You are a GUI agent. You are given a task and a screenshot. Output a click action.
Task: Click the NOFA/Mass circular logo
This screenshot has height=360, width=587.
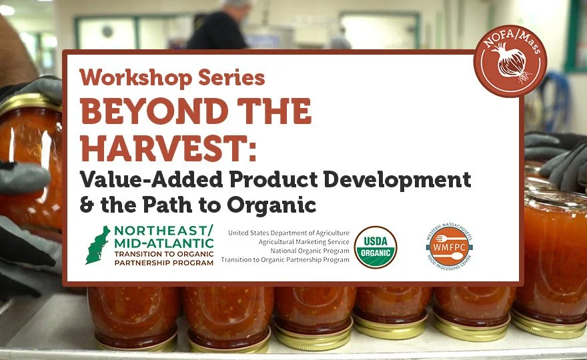tap(510, 61)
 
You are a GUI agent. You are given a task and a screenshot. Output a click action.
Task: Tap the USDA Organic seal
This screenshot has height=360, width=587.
tap(376, 247)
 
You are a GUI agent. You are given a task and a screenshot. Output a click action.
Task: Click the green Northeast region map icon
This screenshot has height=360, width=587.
tap(97, 245)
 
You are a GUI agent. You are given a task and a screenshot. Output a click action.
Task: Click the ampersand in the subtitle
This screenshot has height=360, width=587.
tap(87, 205)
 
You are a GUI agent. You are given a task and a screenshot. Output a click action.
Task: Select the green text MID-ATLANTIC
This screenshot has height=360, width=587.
tap(163, 243)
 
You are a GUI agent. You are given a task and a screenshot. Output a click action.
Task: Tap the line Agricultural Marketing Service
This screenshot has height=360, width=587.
tap(304, 242)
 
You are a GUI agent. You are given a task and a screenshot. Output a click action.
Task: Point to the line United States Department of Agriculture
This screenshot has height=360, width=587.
tap(288, 233)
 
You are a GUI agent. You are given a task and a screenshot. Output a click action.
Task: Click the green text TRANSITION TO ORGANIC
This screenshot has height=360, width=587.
tap(163, 254)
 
